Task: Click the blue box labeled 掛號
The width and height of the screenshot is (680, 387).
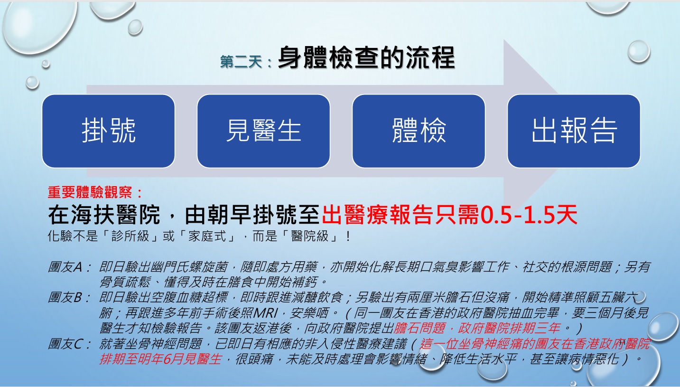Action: [x=108, y=131]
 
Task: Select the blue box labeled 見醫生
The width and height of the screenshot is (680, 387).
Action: [x=263, y=131]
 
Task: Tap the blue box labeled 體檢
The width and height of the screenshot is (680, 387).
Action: [x=419, y=131]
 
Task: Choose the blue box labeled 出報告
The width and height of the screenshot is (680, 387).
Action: [x=574, y=131]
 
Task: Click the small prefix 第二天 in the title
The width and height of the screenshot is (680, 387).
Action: [x=241, y=62]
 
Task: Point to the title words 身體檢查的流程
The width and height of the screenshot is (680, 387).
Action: [x=366, y=57]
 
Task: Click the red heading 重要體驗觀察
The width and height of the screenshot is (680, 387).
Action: [x=90, y=192]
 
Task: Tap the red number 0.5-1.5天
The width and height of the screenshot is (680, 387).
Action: [x=528, y=215]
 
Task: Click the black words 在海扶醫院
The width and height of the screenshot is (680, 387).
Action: [x=104, y=215]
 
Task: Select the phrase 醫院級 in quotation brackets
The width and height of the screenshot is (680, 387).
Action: [x=310, y=236]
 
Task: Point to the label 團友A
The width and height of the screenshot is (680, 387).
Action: [x=65, y=267]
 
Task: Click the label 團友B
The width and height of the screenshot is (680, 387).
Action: [x=65, y=297]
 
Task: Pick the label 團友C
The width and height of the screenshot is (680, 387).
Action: [x=65, y=344]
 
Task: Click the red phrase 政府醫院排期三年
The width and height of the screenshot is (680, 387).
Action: [x=509, y=328]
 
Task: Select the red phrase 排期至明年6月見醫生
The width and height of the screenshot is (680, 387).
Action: [x=160, y=359]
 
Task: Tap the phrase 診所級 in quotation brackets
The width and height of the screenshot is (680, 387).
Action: [x=130, y=236]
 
